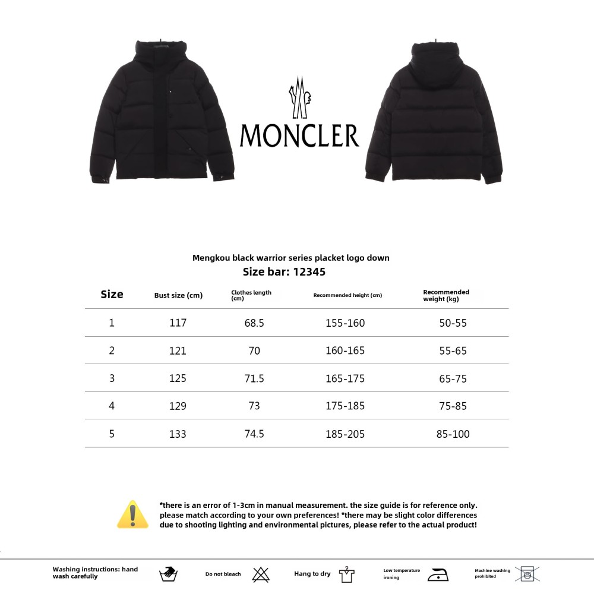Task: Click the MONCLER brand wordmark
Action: [299, 135]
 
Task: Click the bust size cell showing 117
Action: [178, 323]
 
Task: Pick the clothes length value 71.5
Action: [254, 378]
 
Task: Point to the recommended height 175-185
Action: [345, 406]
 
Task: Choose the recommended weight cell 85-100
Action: [453, 434]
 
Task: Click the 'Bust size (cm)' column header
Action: [178, 295]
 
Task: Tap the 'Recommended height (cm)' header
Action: [347, 295]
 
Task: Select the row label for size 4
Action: [112, 406]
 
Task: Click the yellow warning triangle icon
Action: [133, 514]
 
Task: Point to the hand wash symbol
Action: [169, 574]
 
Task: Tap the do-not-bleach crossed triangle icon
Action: [261, 574]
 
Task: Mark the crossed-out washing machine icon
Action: [527, 574]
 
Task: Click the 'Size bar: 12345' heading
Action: [284, 272]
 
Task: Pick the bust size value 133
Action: [178, 434]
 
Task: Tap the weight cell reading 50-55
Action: [453, 323]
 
